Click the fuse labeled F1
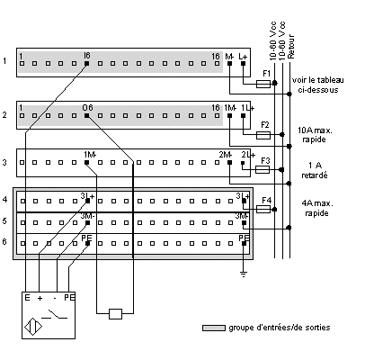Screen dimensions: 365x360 [263, 84]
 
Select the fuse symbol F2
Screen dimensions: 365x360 [263, 136]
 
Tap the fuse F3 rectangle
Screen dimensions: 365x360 [263, 170]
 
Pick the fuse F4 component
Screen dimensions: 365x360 [263, 209]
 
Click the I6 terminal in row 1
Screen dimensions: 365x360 [86, 64]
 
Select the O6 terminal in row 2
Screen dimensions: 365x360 [86, 115]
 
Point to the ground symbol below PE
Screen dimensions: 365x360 [244, 274]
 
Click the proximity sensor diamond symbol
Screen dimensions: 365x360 [33, 327]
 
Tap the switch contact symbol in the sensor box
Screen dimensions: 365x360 [54, 315]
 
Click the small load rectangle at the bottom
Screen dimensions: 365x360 [115, 314]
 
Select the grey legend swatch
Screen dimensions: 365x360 [214, 328]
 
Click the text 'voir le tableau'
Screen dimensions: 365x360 [318, 80]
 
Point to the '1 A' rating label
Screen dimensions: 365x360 [315, 166]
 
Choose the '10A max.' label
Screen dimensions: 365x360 [315, 130]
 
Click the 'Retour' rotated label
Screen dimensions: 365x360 [291, 46]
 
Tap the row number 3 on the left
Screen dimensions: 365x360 [4, 163]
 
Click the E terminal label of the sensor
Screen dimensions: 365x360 [27, 298]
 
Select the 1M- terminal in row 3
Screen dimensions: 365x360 [86, 163]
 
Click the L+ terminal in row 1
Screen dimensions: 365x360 [243, 64]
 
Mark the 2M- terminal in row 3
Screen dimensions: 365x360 [229, 163]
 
